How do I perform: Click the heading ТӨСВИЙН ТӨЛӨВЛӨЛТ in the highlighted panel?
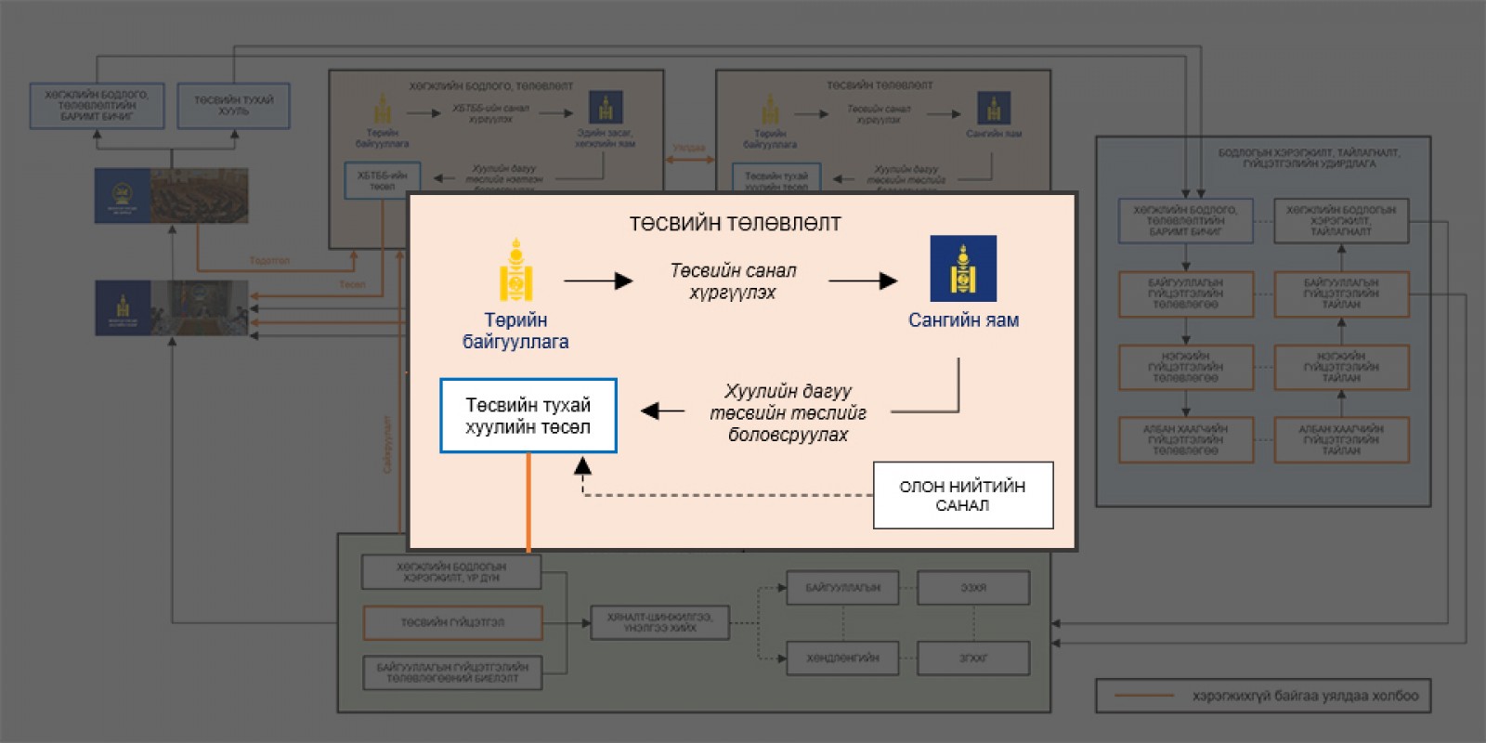tap(735, 224)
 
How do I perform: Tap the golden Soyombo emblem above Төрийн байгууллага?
tap(516, 270)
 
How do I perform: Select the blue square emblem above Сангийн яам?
tap(963, 268)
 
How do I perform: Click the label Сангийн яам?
tap(963, 320)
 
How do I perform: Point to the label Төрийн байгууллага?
tap(515, 331)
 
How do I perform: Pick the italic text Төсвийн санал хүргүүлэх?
tap(733, 281)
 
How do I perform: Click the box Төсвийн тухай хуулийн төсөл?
tap(528, 416)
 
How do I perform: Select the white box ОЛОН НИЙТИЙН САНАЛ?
tap(963, 495)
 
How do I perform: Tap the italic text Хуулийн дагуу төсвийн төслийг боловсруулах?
tap(788, 412)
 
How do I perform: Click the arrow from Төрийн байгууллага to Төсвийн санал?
tap(598, 280)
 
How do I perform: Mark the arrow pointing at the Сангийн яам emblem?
tap(863, 280)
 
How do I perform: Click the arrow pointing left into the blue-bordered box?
tap(662, 411)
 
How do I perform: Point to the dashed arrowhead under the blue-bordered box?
tap(582, 465)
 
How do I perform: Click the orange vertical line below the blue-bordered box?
tap(528, 502)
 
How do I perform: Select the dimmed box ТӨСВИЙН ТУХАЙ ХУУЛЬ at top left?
tap(233, 106)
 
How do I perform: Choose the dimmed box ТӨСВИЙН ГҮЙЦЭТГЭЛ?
tap(452, 622)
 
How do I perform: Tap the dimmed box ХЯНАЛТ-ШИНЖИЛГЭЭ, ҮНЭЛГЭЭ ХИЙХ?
tap(659, 622)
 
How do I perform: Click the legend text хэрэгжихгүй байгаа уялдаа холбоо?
tap(1305, 696)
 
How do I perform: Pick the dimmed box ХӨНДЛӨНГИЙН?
tap(842, 658)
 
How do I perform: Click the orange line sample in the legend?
tap(1143, 696)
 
